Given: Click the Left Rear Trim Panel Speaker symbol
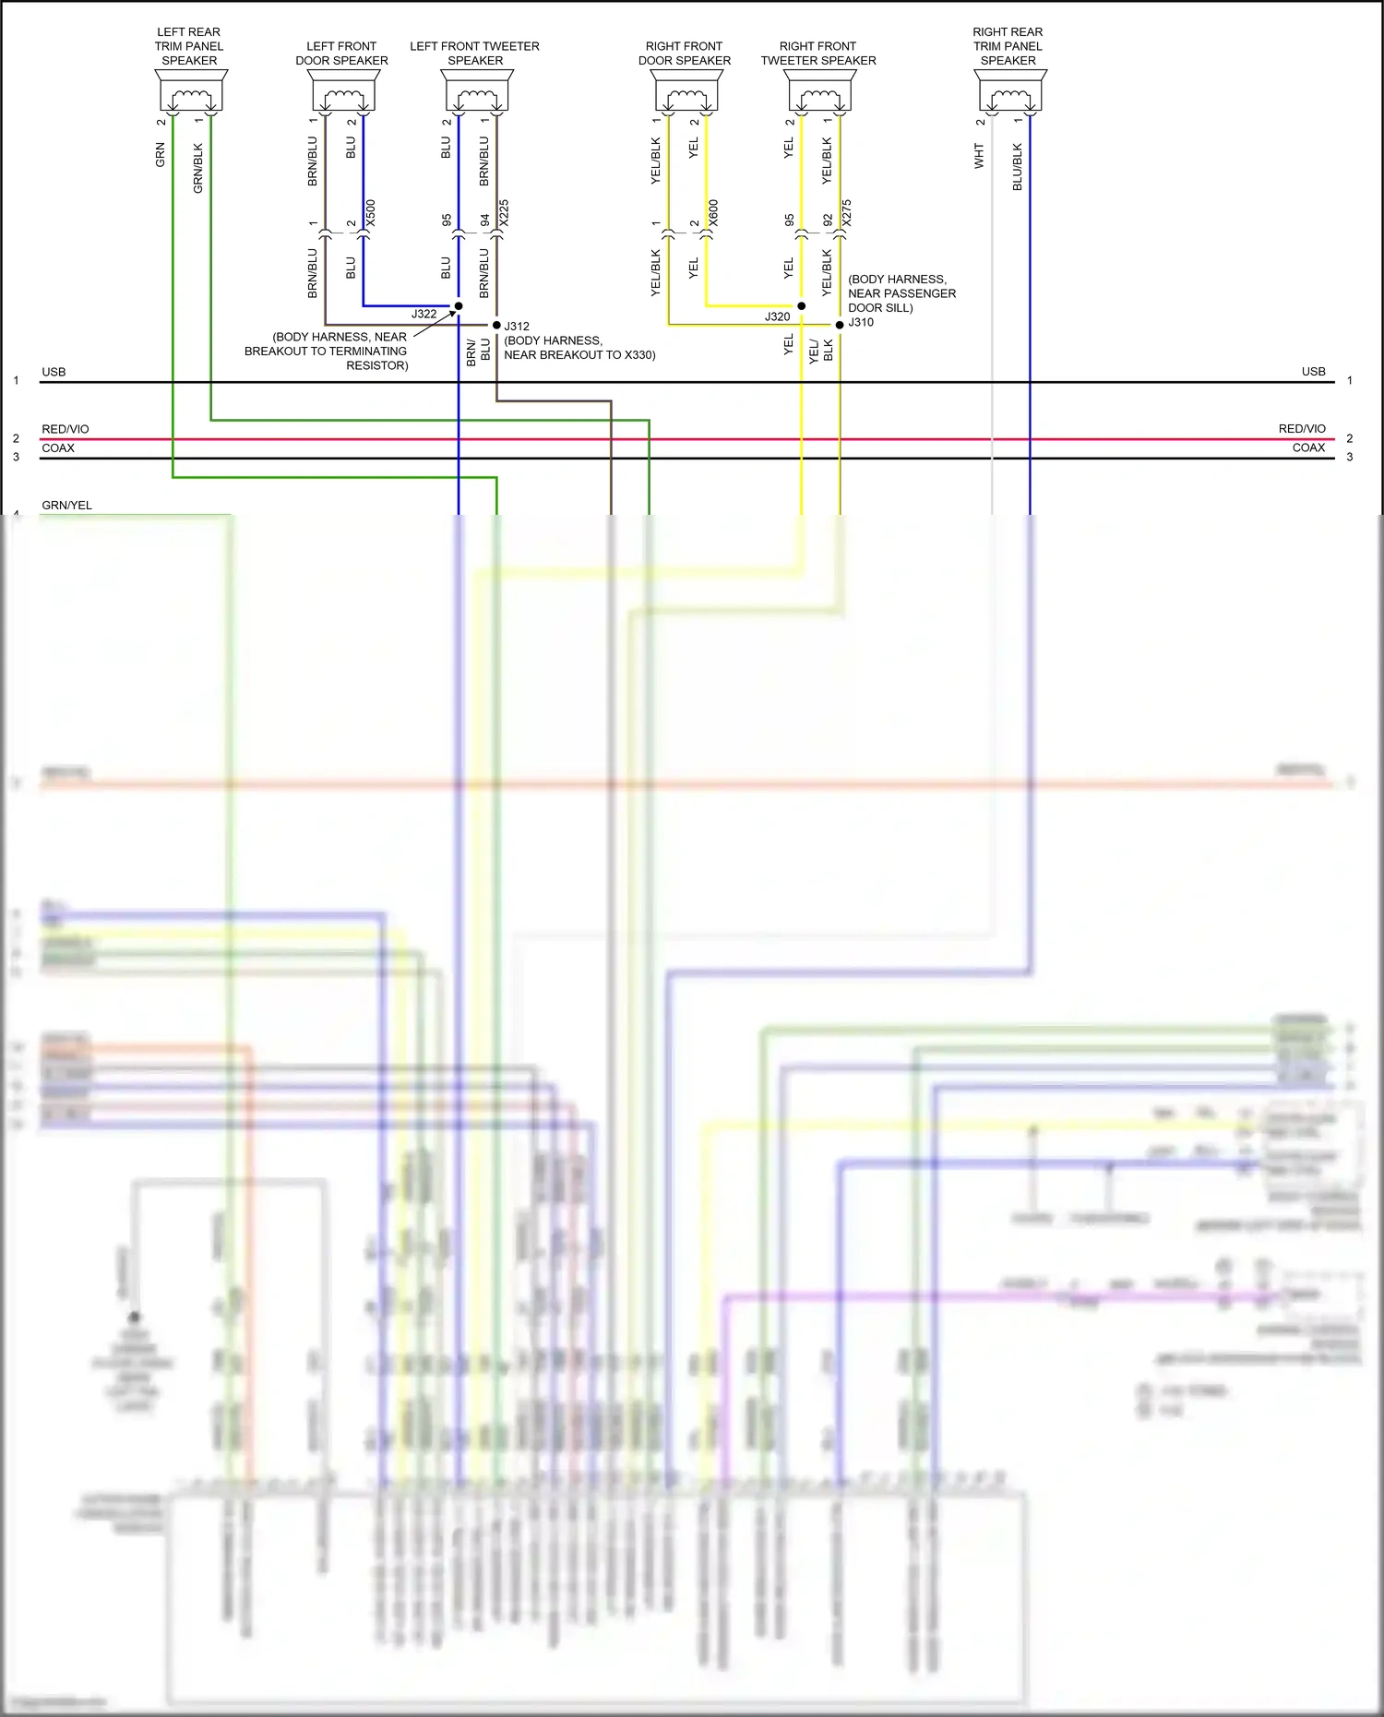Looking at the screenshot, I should click(x=191, y=91).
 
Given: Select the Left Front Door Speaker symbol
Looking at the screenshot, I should click(x=343, y=91).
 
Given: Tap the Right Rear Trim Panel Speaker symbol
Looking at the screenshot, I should click(x=1010, y=91).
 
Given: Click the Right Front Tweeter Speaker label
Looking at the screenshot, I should click(x=817, y=54).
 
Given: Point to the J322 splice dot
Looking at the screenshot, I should click(x=459, y=305).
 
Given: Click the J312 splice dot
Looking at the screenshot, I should click(x=496, y=325).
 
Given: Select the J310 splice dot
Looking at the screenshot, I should click(x=840, y=325).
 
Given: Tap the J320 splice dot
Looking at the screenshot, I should click(x=801, y=305).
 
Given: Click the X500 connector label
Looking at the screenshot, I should click(x=371, y=213).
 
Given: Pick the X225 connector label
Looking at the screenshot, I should click(x=504, y=213).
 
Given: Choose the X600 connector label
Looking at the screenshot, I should click(x=713, y=213).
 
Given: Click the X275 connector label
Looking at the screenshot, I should click(x=847, y=213).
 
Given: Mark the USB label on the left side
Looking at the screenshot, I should click(x=54, y=372).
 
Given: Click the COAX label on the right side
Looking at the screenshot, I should click(x=1308, y=447).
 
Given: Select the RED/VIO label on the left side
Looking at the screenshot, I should click(x=65, y=429).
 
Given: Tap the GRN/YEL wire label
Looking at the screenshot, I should click(x=66, y=505).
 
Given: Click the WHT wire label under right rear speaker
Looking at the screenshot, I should click(x=979, y=155).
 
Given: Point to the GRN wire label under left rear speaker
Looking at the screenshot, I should click(x=161, y=154).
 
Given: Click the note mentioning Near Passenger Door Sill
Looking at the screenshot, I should click(x=901, y=293).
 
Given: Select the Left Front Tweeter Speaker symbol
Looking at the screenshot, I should click(x=477, y=91).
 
